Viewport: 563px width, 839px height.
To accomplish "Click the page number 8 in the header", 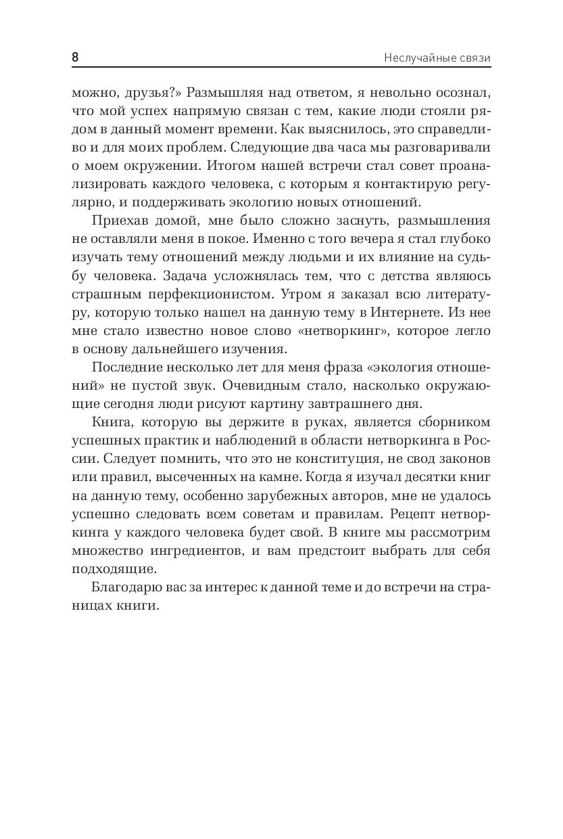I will click(75, 58).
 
